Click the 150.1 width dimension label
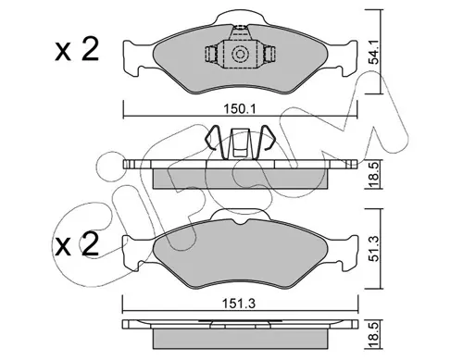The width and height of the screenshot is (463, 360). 240,109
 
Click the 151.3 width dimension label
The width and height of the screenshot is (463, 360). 240,304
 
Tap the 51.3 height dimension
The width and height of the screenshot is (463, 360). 374,249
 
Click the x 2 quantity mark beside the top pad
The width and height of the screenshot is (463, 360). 77,49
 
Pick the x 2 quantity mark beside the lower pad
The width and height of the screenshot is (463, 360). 77,244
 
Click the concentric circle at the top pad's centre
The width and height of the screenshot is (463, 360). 240,55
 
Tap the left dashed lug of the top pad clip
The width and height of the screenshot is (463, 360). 211,54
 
